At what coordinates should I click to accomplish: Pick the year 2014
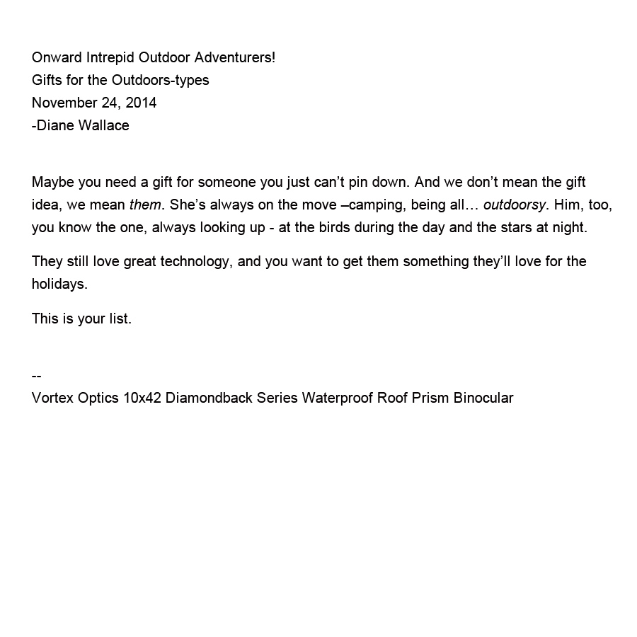(141, 103)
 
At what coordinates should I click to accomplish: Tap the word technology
(190, 261)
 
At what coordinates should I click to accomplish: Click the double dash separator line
(37, 375)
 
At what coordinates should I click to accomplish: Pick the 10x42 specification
(142, 398)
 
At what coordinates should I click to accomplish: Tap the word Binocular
(483, 398)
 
